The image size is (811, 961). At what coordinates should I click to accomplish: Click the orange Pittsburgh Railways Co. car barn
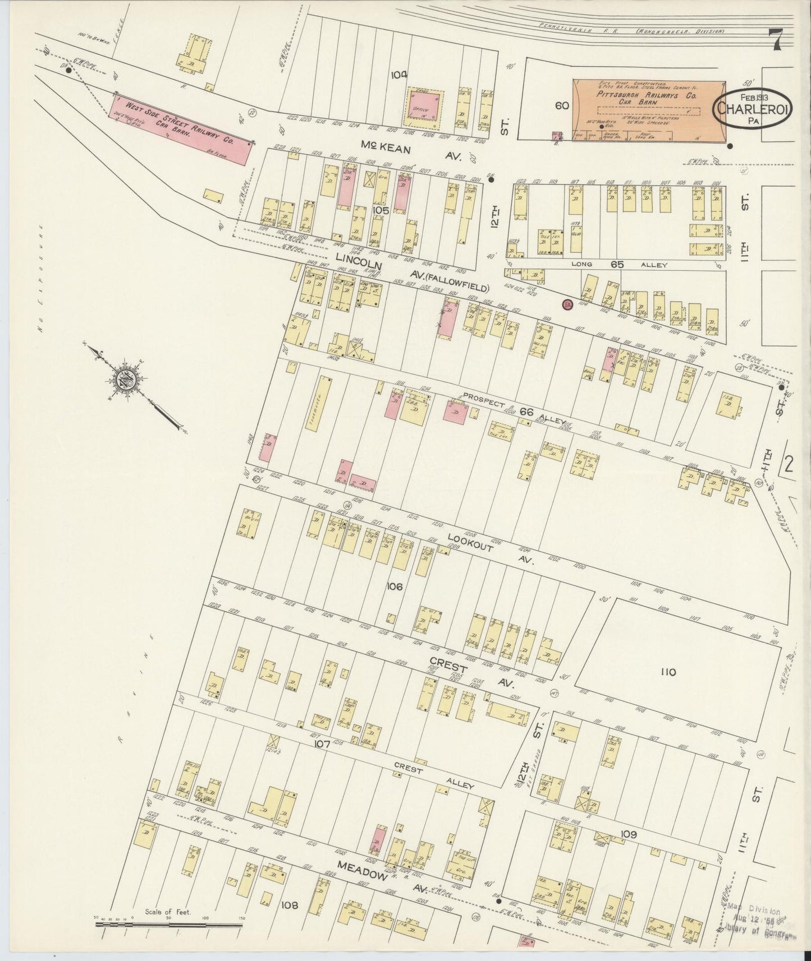[x=648, y=110]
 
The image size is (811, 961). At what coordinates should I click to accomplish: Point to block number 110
[x=668, y=672]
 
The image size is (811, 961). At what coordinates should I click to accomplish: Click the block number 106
[x=395, y=586]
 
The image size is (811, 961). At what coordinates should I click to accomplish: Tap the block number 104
[x=400, y=73]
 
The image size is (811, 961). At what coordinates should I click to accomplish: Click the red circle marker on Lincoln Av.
[x=567, y=304]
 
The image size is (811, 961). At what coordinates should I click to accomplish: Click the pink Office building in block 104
[x=424, y=104]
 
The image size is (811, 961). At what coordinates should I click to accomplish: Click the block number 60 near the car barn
[x=563, y=105]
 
